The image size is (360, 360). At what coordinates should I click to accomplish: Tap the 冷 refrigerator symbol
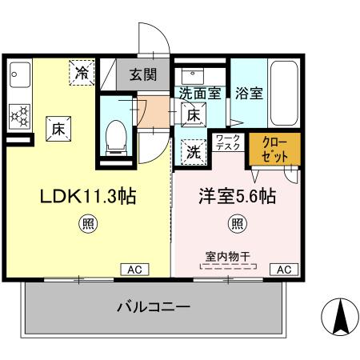(82, 73)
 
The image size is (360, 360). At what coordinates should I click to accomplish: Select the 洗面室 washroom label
(200, 92)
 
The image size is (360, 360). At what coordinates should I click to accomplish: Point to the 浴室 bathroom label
(249, 92)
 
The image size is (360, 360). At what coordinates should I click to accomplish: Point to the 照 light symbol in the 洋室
(238, 224)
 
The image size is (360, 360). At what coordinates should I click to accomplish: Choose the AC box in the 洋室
(282, 270)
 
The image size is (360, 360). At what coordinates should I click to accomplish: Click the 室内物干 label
(228, 256)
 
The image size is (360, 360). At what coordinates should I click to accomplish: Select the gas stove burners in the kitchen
(19, 116)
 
